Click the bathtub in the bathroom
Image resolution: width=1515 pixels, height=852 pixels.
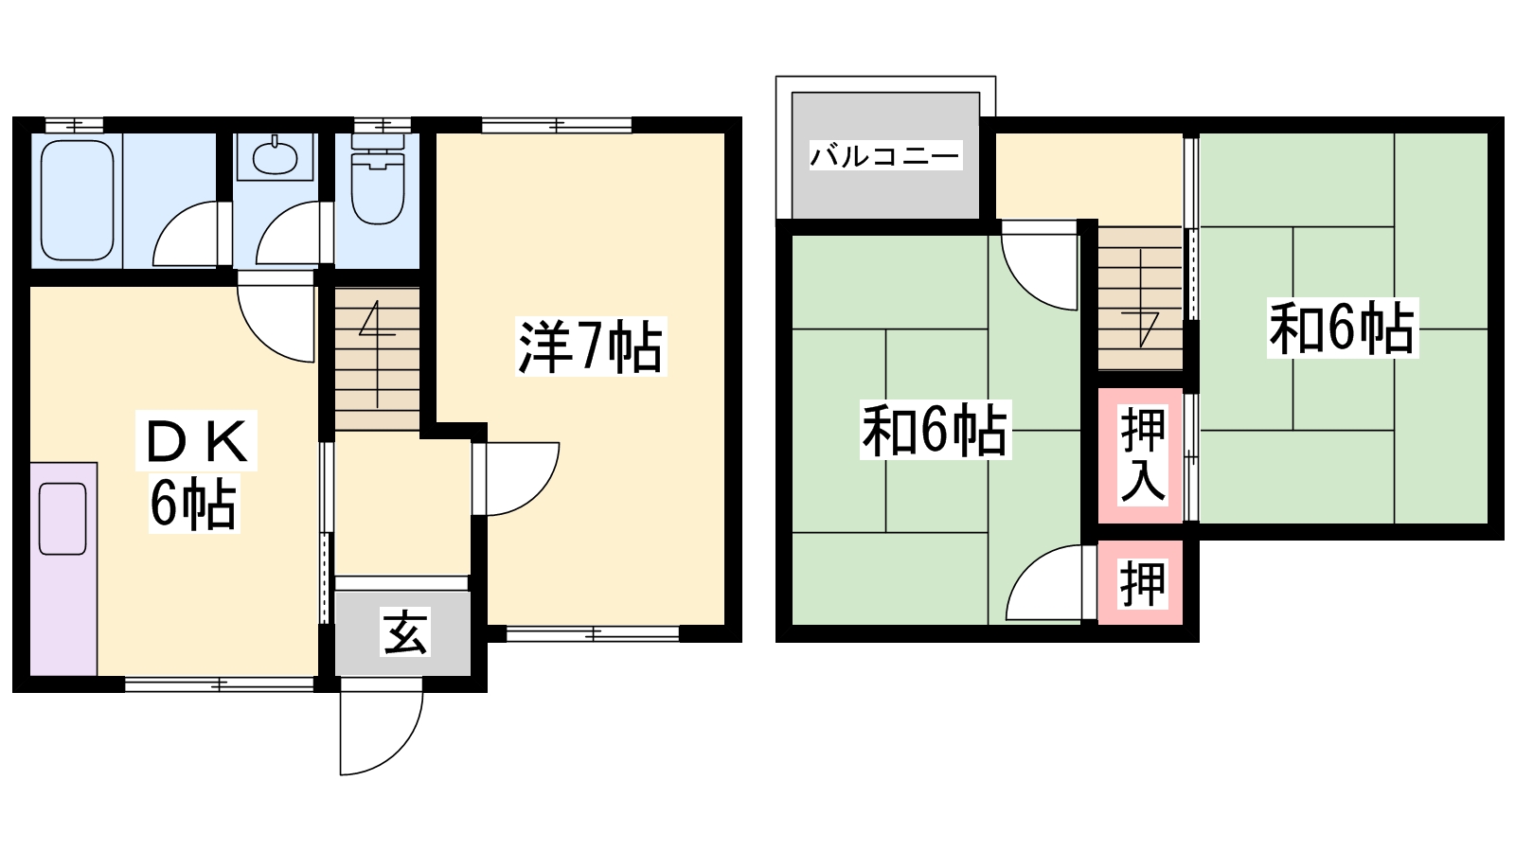78,200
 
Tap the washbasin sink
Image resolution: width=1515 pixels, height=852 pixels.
275,156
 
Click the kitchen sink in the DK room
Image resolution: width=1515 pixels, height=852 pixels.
62,518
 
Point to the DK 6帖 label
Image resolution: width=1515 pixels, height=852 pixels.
195,471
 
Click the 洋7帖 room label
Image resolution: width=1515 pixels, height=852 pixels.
590,346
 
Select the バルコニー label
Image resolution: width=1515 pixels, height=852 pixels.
885,155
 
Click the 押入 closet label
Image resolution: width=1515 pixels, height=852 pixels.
1142,455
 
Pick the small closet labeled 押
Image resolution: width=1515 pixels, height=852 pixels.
1142,583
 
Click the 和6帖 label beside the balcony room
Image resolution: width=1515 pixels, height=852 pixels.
935,430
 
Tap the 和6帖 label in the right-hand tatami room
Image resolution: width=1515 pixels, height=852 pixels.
1342,328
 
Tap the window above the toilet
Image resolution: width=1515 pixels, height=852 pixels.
382,125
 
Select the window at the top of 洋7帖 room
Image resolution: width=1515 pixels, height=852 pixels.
557,125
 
